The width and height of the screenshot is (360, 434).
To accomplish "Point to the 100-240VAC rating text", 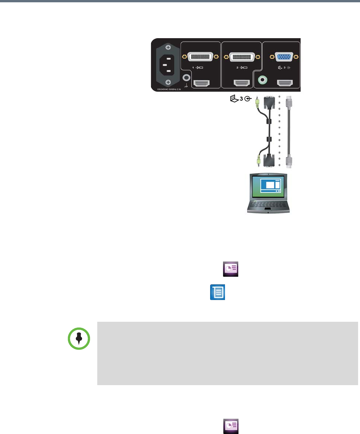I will click(165, 88).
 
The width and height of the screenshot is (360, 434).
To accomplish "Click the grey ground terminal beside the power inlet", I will click(186, 78).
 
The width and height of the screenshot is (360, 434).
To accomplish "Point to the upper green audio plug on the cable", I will click(258, 102).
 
